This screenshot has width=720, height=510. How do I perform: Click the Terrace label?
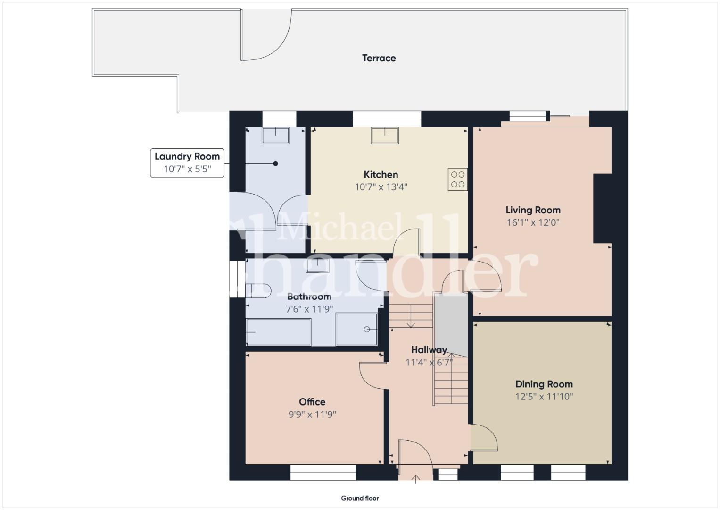pos(379,58)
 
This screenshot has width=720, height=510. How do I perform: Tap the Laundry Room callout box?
pos(187,162)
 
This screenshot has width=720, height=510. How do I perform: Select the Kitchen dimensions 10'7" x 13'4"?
pos(381,187)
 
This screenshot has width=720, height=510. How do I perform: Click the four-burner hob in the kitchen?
pos(457,179)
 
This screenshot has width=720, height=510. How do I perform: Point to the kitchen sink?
pos(385,135)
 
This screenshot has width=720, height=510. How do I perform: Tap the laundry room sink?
pos(275,135)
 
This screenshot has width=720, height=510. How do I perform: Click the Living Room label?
pos(533,210)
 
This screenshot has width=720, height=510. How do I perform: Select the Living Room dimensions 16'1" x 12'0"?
pos(533,222)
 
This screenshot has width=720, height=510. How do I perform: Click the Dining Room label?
pos(544,384)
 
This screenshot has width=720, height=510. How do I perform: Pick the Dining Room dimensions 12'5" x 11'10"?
pos(544,397)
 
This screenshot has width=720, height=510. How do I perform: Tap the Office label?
pos(312,402)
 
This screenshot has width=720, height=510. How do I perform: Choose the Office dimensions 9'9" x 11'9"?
pos(312,415)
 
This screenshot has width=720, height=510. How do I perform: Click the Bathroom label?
pos(309,297)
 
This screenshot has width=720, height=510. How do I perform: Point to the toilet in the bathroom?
pos(258,291)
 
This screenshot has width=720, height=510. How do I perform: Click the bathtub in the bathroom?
pos(278,332)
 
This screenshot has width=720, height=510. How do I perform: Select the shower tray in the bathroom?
pos(356,330)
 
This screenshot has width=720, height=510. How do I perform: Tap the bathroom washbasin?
pos(317,266)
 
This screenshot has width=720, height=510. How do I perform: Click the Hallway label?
pos(429,350)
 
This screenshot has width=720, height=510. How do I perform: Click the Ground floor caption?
pos(360,498)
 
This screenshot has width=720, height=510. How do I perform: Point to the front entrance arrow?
pos(415,479)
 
